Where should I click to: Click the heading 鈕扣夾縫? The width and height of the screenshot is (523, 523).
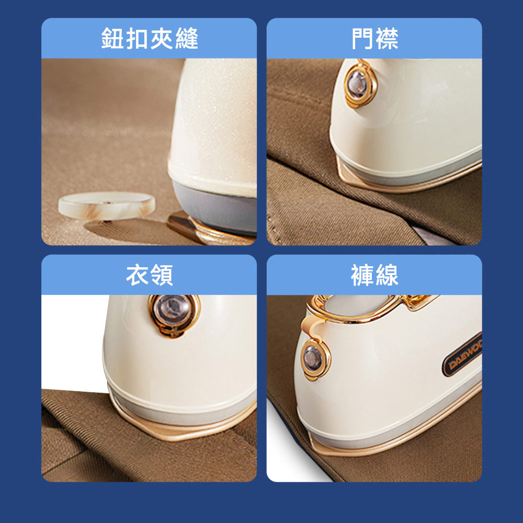pyautogui.click(x=150, y=38)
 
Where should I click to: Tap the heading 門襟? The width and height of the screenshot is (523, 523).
pyautogui.click(x=374, y=38)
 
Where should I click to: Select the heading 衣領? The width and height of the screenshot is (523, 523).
pyautogui.click(x=150, y=275)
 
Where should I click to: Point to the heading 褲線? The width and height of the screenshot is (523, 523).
pyautogui.click(x=374, y=275)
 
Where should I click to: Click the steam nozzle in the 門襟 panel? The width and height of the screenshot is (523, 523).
pyautogui.click(x=360, y=84)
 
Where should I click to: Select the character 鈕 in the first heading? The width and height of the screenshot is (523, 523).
pyautogui.click(x=113, y=38)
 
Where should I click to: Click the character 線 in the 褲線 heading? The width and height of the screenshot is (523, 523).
pyautogui.click(x=387, y=275)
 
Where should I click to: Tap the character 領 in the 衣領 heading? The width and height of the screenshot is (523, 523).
pyautogui.click(x=162, y=275)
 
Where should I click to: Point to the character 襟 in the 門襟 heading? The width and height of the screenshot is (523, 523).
pyautogui.click(x=387, y=38)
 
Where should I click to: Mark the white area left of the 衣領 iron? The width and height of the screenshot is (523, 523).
pyautogui.click(x=73, y=342)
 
